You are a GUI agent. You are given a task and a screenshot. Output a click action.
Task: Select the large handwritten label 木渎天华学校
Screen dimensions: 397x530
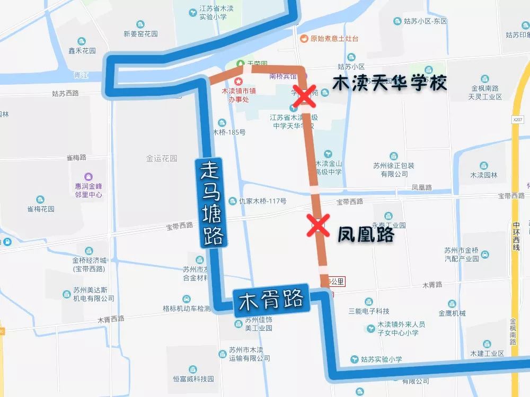[x=390, y=83]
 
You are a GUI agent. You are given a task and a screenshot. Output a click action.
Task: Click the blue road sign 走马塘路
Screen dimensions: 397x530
[x=211, y=203]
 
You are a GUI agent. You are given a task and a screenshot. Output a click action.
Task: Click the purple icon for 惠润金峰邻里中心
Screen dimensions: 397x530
[x=88, y=177]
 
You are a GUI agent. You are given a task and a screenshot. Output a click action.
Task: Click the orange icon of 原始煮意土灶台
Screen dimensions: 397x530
[x=304, y=39]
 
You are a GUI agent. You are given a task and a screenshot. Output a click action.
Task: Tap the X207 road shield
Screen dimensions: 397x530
[x=518, y=121]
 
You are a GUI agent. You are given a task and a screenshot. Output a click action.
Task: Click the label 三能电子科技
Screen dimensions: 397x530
[x=369, y=311]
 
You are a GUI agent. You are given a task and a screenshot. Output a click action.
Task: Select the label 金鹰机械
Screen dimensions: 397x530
[x=452, y=313]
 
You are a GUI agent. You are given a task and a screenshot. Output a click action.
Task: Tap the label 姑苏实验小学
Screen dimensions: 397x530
[x=382, y=359]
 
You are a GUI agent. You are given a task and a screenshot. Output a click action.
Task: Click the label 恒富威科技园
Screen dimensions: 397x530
[x=192, y=380]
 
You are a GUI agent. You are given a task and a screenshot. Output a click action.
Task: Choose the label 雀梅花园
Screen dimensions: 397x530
[x=41, y=209]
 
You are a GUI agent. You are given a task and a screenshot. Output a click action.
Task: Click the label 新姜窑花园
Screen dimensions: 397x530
[x=140, y=34]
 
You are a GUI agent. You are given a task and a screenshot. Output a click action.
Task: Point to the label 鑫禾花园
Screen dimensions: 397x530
[x=82, y=51]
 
